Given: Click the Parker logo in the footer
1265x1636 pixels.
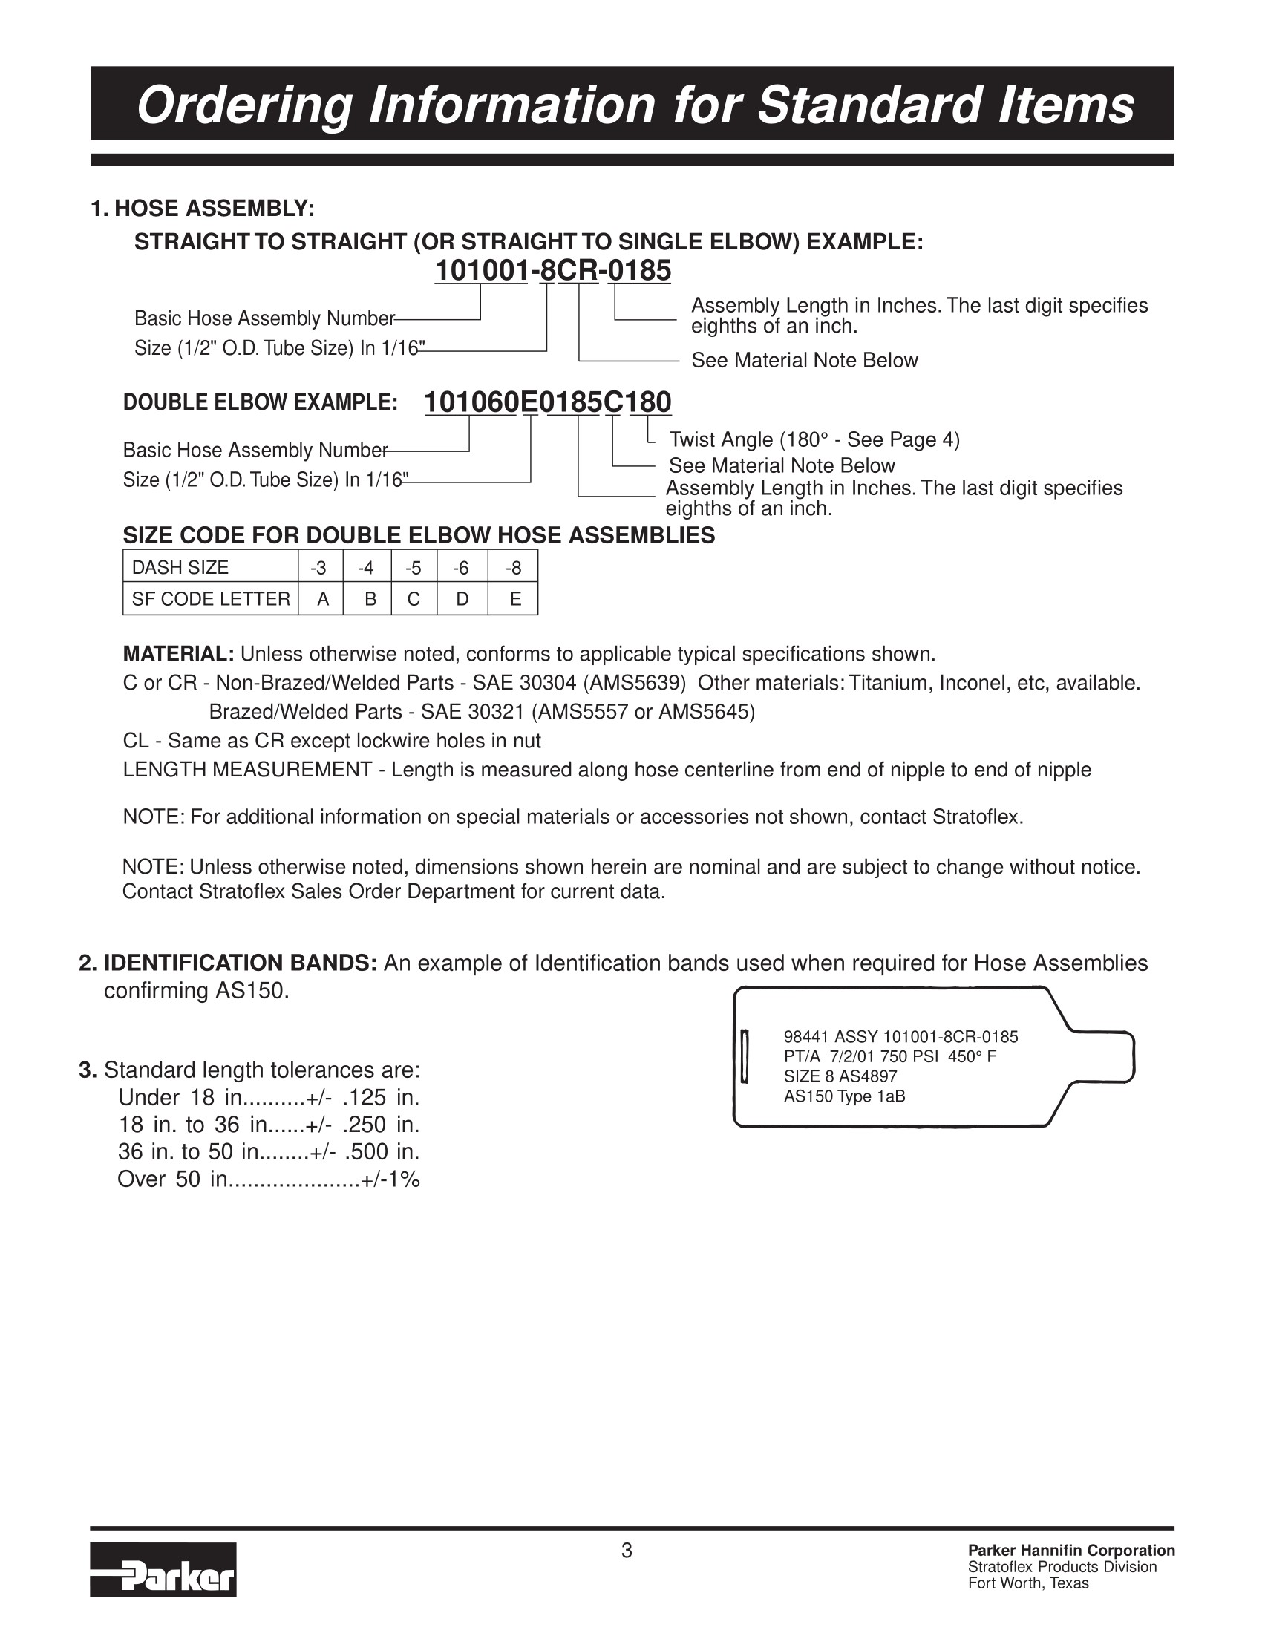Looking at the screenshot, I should tap(163, 1569).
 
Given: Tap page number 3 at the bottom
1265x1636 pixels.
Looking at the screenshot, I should tap(627, 1551).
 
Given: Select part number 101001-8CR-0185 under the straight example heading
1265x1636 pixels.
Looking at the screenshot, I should tap(553, 270).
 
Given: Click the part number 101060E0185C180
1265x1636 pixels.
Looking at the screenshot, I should tap(547, 402).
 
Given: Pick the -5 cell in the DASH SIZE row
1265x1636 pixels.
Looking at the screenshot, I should tap(413, 568).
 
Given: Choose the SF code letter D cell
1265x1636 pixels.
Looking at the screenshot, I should tap(462, 599).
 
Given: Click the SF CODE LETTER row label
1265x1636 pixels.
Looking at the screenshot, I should tap(210, 599).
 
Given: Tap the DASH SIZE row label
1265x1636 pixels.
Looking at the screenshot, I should tap(180, 568).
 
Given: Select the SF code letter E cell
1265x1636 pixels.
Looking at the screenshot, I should tap(514, 599).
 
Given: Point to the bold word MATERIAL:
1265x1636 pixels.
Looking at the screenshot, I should tap(179, 654).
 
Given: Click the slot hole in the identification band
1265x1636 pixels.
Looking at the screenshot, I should tap(745, 1056).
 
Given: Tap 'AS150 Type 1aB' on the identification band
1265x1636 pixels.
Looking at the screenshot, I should tap(844, 1096).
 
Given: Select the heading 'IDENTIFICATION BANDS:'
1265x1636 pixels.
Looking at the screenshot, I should tap(240, 963).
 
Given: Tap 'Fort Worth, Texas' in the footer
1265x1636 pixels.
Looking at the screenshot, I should tap(1027, 1583).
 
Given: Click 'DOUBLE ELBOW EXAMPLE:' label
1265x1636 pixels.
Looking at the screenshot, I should tap(260, 402).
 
